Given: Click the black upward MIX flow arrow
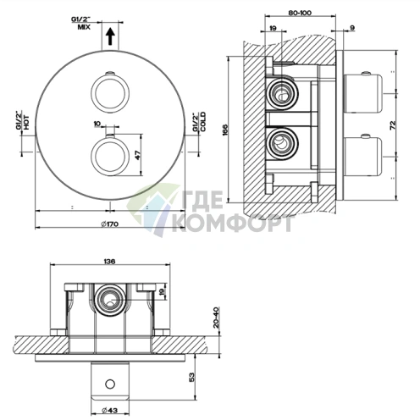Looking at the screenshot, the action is tap(110, 36).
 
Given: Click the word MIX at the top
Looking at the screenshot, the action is tap(84, 27).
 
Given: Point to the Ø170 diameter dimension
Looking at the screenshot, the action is tap(110, 224).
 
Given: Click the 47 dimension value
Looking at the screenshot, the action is tap(138, 155).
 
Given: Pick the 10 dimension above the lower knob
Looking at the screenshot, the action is tap(97, 124).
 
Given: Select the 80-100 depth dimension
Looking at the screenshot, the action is tap(300, 13).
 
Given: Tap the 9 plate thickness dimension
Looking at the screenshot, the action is tap(352, 28).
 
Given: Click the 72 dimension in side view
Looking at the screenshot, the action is tap(393, 125).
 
